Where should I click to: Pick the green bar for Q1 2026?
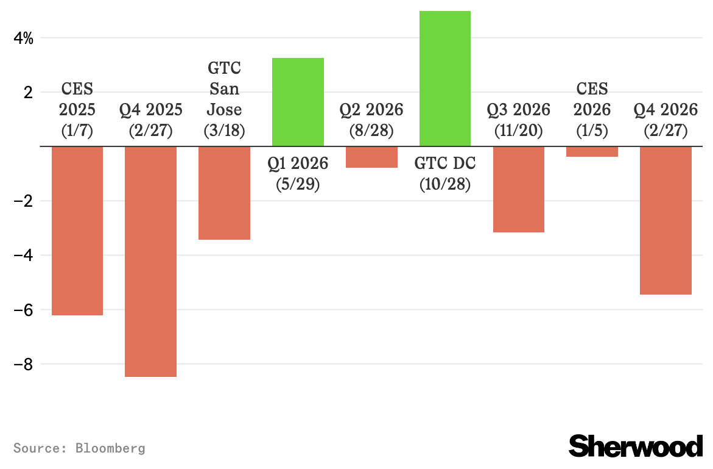[x=298, y=102]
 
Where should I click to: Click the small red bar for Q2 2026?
[x=371, y=157]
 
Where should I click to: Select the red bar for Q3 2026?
[x=518, y=189]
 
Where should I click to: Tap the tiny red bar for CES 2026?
[x=592, y=152]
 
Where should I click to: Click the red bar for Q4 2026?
[x=666, y=220]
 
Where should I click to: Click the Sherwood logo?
[x=635, y=446]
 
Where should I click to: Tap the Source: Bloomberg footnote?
[x=79, y=448]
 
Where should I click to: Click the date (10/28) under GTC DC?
[x=445, y=184]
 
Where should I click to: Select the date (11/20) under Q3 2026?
[x=518, y=131]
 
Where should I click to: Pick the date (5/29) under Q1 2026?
[x=298, y=184]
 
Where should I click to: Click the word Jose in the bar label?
[x=224, y=110]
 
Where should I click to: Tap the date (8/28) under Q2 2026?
[x=371, y=131]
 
